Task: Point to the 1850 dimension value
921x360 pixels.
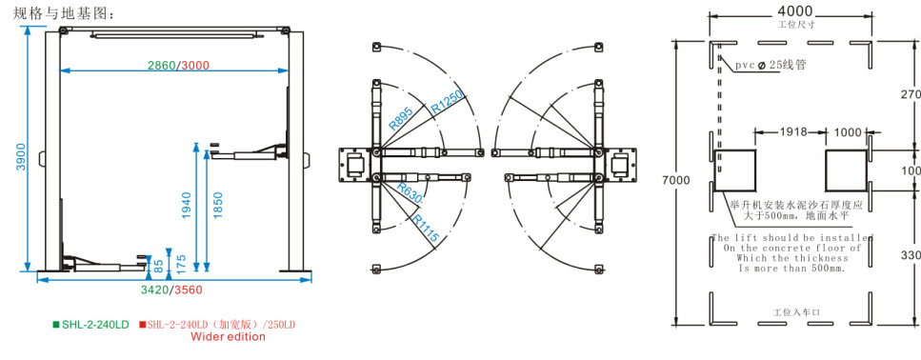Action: pos(220,205)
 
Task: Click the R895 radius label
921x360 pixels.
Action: pos(400,117)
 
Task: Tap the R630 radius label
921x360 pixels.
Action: pos(410,195)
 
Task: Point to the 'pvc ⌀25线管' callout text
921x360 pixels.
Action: pos(771,65)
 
